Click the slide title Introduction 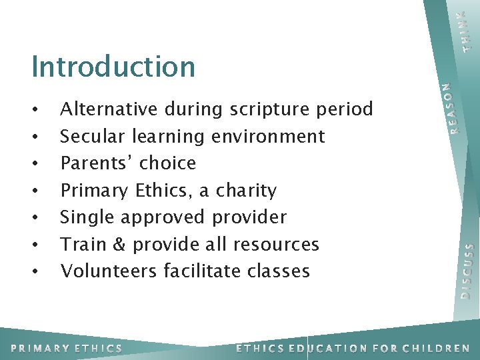(x=113, y=67)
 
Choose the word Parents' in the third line (x=95, y=163)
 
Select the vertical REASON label (x=453, y=107)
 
